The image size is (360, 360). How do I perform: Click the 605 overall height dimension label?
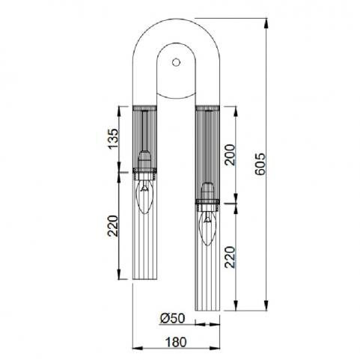point(261,164)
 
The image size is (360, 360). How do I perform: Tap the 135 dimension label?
point(113,138)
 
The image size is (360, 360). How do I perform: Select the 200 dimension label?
point(230,155)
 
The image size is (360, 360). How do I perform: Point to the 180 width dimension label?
point(176,342)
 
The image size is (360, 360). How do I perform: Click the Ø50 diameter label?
point(173,318)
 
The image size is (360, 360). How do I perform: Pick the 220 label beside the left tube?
point(112,226)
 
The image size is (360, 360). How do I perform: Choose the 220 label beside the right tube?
point(230,257)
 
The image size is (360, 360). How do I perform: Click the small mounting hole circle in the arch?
point(176,62)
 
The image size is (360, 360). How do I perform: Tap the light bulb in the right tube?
point(207,228)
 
